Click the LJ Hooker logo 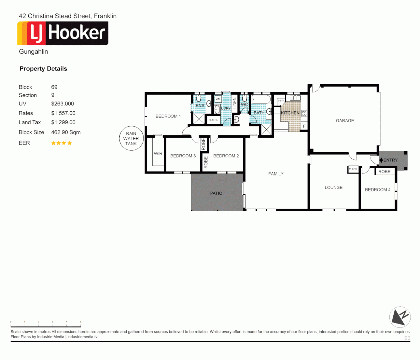pyautogui.click(x=63, y=33)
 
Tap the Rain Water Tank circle pyautogui.click(x=131, y=138)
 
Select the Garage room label pyautogui.click(x=345, y=121)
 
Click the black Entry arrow pyautogui.click(x=381, y=160)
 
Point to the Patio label pyautogui.click(x=216, y=193)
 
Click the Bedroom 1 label pyautogui.click(x=168, y=116)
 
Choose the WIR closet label pyautogui.click(x=158, y=154)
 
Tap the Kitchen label pyautogui.click(x=290, y=113)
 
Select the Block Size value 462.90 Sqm pyautogui.click(x=66, y=132)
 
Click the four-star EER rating pyautogui.click(x=61, y=143)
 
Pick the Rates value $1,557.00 pyautogui.click(x=63, y=113)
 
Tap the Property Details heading pyautogui.click(x=43, y=69)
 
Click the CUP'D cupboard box pyautogui.click(x=353, y=169)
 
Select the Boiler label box pyautogui.click(x=213, y=120)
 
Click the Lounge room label pyautogui.click(x=333, y=188)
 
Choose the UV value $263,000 pyautogui.click(x=62, y=104)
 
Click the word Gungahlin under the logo pyautogui.click(x=33, y=52)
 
